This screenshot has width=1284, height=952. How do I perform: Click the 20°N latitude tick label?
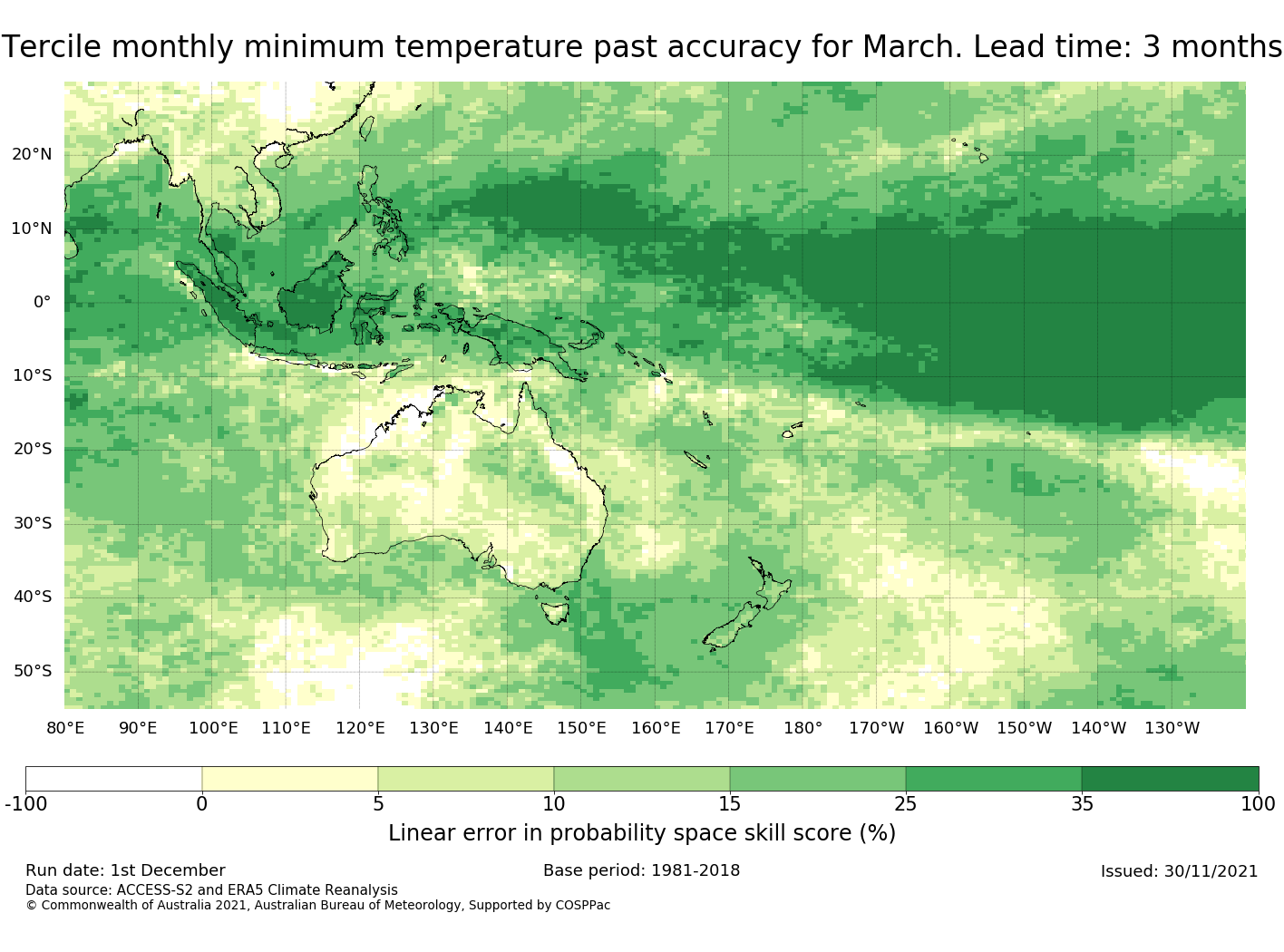point(32,154)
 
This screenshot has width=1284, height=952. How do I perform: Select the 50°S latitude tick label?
point(32,671)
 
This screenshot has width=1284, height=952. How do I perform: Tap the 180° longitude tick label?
point(802,728)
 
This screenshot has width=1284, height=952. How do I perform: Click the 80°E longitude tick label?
point(65,728)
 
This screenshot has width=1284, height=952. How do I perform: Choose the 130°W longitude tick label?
point(1172,728)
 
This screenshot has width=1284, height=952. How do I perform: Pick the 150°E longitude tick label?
point(581,728)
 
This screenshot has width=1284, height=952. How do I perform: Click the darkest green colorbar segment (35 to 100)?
point(1170,779)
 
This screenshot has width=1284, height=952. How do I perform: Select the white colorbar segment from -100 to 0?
point(113,779)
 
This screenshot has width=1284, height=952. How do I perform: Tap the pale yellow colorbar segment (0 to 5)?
point(289,779)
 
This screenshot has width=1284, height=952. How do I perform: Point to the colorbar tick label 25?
point(905,803)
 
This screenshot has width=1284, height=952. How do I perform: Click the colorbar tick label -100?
point(25,803)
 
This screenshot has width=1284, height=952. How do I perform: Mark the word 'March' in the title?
point(911,47)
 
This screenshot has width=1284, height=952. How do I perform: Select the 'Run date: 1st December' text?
point(125,870)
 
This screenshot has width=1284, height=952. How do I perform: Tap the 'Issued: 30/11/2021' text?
point(1179,871)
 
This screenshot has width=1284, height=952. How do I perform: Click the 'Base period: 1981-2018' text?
point(641,870)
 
